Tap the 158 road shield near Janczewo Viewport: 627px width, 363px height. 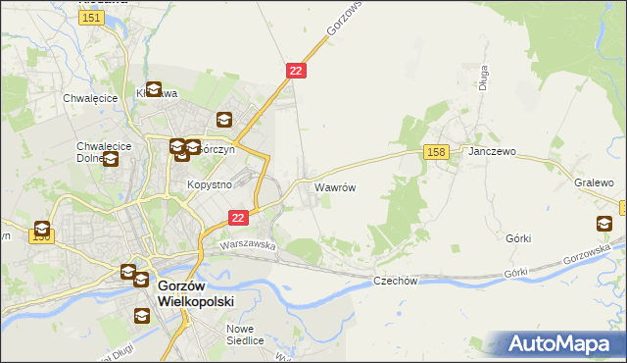(x=437, y=151)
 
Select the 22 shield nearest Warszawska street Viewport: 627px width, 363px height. (x=238, y=217)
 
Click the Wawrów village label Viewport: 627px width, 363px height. (x=334, y=185)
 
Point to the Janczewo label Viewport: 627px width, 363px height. (x=492, y=153)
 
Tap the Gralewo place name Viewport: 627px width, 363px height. (x=594, y=183)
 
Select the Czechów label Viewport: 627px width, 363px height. (x=396, y=281)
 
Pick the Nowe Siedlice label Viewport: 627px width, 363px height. (x=246, y=335)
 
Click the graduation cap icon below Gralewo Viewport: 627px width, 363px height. (x=603, y=224)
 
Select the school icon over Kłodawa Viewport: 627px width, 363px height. (x=154, y=88)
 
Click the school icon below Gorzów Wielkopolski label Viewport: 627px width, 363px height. (x=142, y=316)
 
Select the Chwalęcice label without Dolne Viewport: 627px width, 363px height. (x=90, y=98)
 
